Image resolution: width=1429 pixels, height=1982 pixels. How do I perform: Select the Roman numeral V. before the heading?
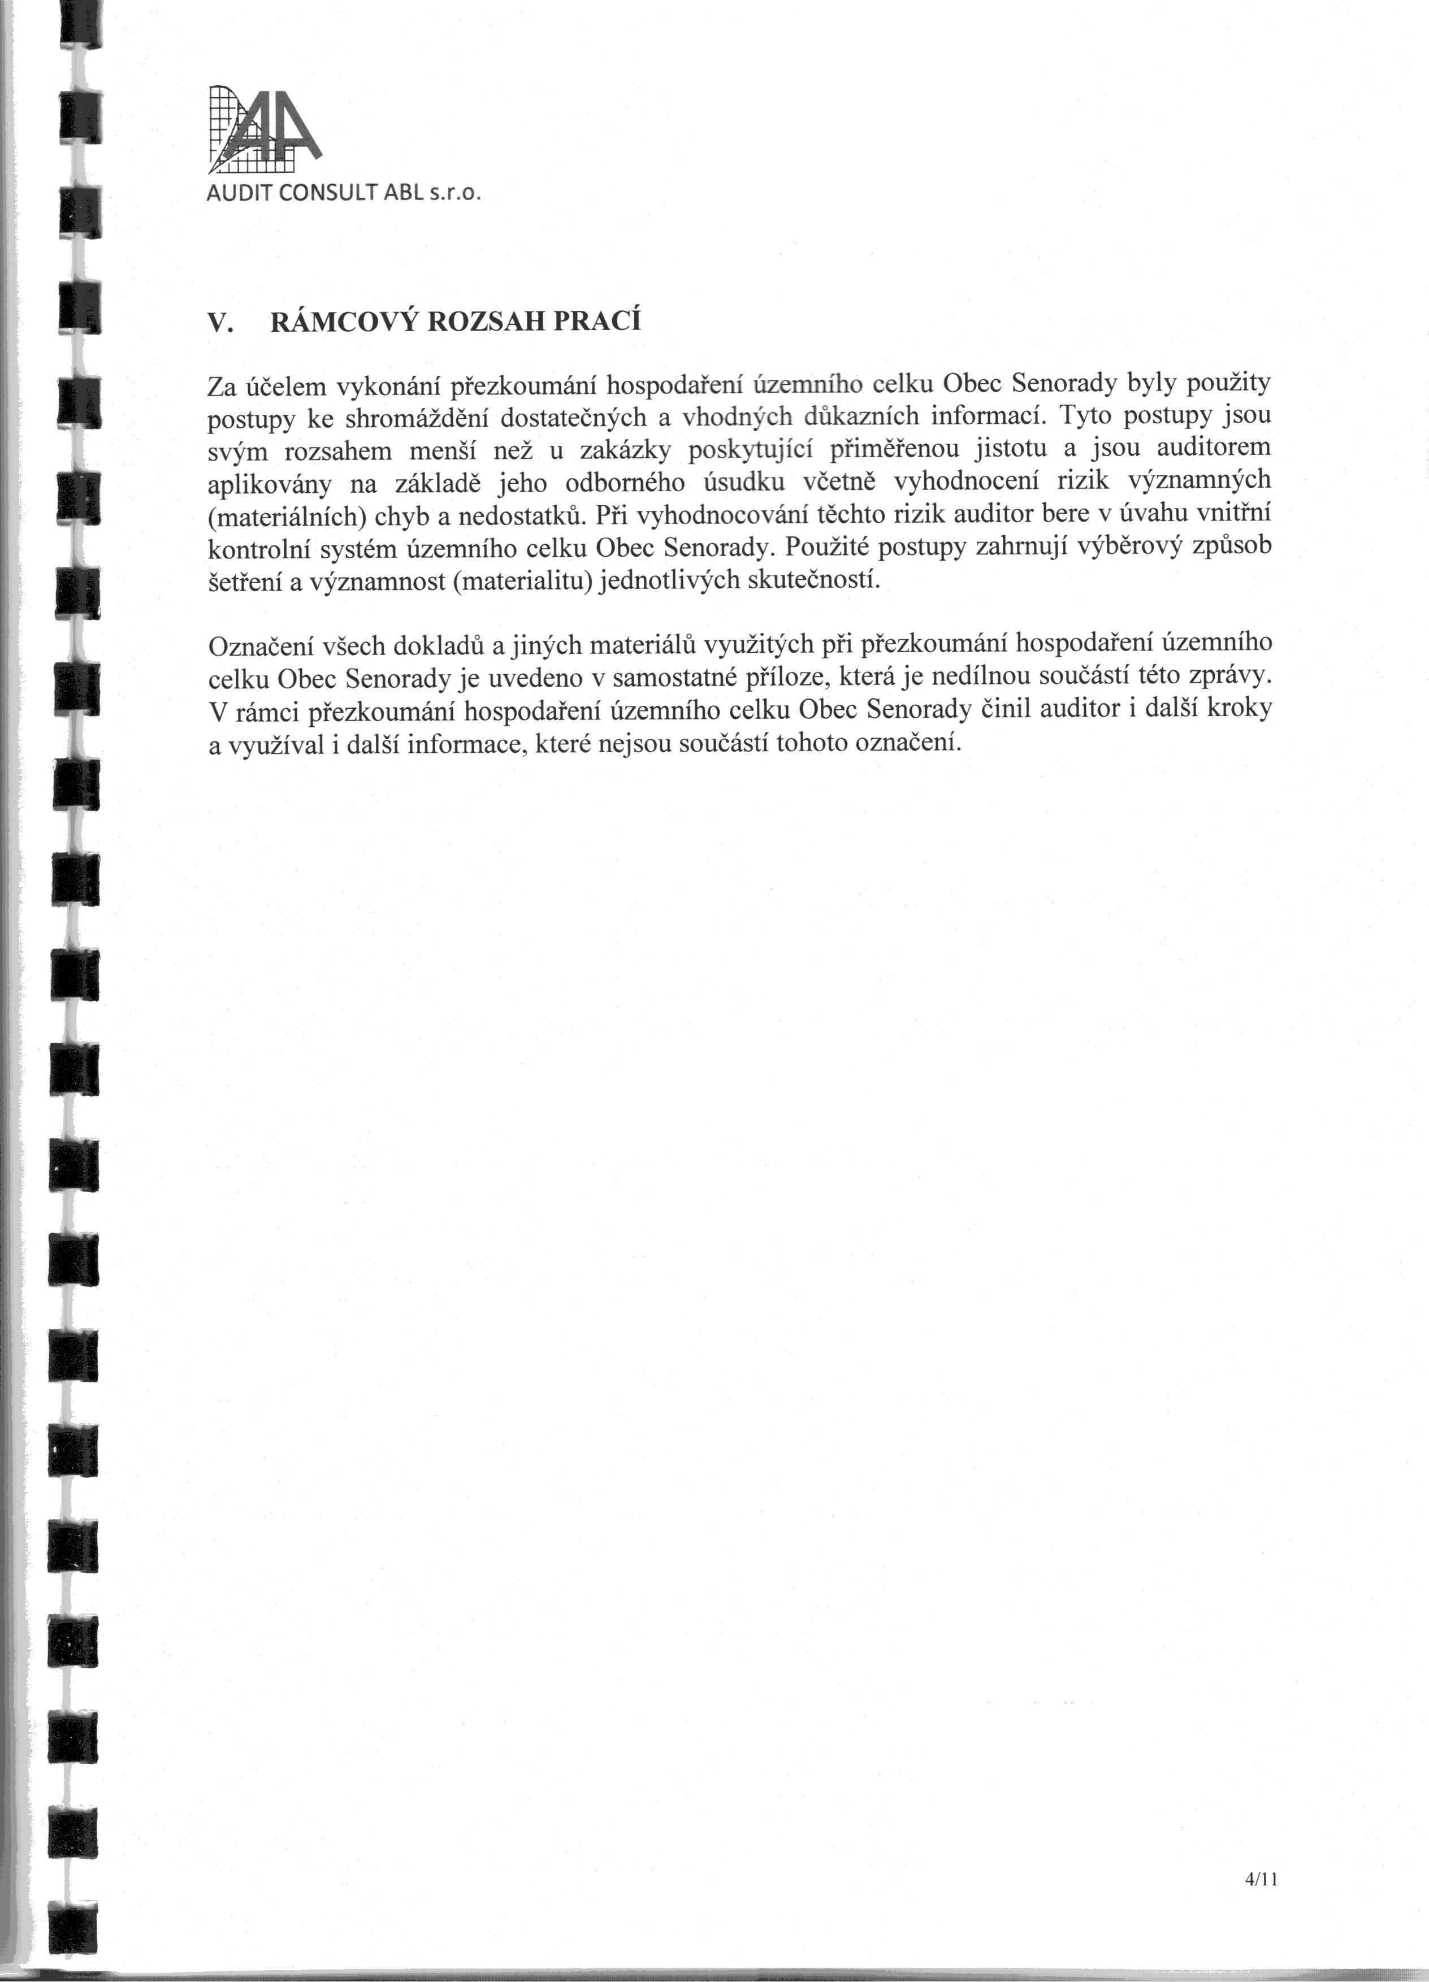point(219,323)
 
